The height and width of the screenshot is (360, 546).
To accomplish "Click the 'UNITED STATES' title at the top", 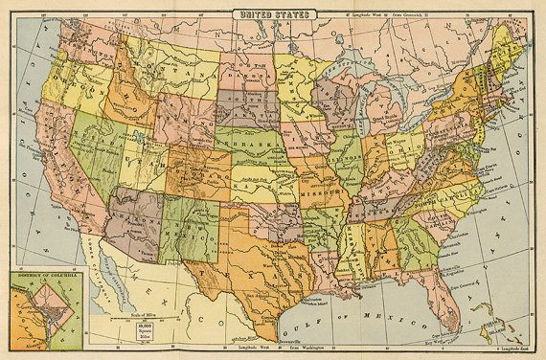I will pos(273,11).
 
